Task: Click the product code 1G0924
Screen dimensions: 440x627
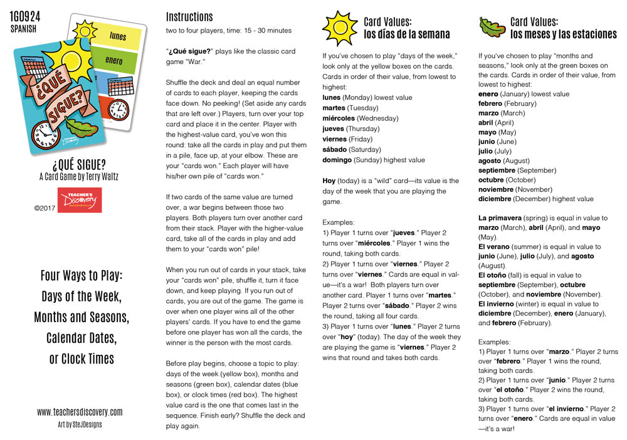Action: [x=26, y=16]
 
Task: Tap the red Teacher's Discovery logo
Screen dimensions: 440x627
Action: [x=79, y=200]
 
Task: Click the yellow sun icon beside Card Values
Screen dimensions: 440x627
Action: [x=339, y=28]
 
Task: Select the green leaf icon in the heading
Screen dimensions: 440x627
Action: [x=492, y=27]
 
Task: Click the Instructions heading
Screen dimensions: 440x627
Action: [x=189, y=17]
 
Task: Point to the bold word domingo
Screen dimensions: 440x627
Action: [x=337, y=160]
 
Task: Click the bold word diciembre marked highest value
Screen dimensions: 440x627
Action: [x=495, y=199]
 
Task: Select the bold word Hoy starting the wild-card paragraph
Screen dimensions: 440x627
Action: [x=329, y=181]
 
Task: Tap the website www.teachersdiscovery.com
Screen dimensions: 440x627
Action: [x=80, y=412]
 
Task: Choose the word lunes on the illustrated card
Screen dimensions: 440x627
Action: [x=118, y=36]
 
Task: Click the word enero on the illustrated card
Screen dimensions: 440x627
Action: [x=114, y=61]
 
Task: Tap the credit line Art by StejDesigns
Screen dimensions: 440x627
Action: [x=80, y=424]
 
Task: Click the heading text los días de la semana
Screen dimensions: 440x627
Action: [x=407, y=34]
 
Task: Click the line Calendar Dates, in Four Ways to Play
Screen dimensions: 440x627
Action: [x=81, y=338]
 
